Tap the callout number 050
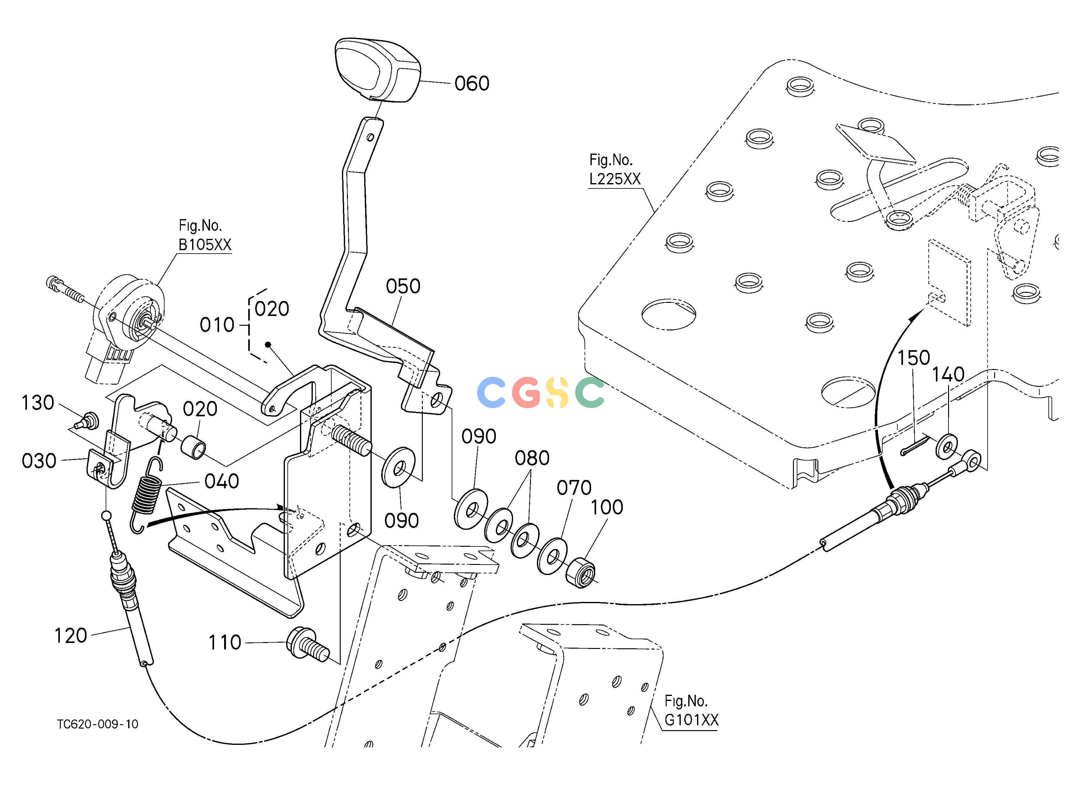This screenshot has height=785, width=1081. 403,287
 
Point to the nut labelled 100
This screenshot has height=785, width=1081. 580,572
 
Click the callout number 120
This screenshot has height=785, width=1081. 71,636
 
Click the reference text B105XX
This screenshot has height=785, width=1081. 205,245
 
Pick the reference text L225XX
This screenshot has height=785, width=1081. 615,179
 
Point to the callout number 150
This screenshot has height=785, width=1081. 914,358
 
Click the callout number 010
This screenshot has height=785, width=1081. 217,325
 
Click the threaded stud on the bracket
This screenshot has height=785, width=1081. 352,440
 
